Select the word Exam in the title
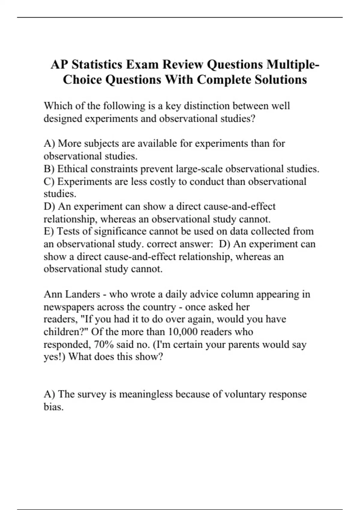[142, 64]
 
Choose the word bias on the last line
[53, 407]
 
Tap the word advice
[185, 294]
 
